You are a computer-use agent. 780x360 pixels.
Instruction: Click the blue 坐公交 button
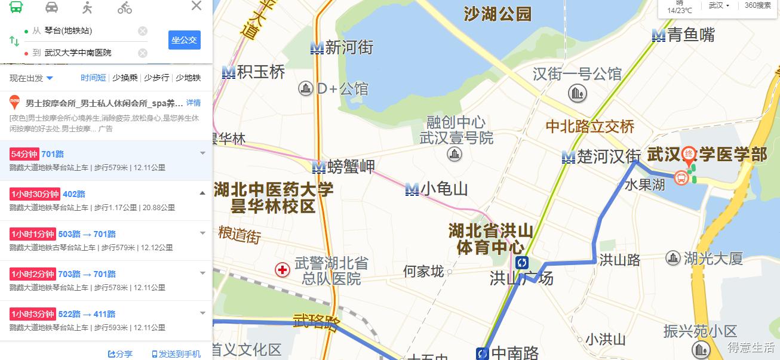(x=184, y=40)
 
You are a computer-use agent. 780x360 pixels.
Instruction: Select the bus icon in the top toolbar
(x=16, y=7)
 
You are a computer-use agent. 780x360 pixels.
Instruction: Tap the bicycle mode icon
(x=124, y=7)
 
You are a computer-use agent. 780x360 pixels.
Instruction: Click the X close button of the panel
(x=196, y=7)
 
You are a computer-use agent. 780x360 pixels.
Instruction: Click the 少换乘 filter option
(x=125, y=78)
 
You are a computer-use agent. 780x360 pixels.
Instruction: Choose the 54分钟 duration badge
(x=24, y=154)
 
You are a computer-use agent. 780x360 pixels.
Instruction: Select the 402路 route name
(x=74, y=194)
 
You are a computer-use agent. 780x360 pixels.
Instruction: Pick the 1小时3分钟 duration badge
(x=33, y=314)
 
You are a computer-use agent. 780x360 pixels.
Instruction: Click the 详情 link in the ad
(x=194, y=103)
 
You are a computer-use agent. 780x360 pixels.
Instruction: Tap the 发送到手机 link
(x=176, y=354)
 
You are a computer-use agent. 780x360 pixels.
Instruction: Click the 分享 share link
(x=120, y=354)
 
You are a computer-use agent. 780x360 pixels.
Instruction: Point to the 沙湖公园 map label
(x=498, y=14)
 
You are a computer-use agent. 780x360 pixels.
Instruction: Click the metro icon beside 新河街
(x=317, y=48)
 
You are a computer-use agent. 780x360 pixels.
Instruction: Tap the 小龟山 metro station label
(x=444, y=189)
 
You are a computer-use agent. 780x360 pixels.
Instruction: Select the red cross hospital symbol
(x=282, y=270)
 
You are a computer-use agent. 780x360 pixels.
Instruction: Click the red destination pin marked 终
(x=689, y=154)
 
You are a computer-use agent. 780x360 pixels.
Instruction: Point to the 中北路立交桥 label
(x=590, y=127)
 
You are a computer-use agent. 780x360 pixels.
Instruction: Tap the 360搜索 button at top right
(x=758, y=5)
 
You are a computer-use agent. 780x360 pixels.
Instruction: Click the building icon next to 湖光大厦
(x=673, y=258)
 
